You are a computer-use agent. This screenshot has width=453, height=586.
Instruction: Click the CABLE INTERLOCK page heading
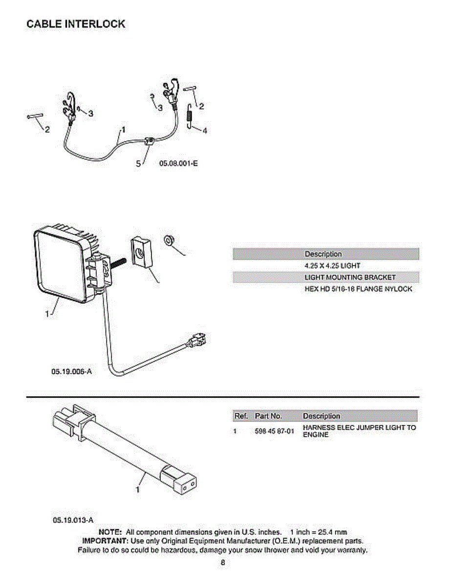[76, 24]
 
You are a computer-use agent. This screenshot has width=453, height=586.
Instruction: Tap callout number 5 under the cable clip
[138, 164]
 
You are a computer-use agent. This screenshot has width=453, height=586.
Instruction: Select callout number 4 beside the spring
[205, 130]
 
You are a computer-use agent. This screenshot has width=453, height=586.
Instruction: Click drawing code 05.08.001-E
[178, 164]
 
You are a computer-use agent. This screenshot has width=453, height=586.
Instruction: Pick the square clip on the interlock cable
[150, 142]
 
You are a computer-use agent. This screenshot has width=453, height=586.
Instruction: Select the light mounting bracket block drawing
[141, 253]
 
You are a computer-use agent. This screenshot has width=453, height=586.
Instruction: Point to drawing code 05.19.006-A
[71, 372]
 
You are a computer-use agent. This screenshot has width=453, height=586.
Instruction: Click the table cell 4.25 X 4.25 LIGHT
[332, 266]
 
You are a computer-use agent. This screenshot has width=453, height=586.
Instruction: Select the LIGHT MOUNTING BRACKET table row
[350, 277]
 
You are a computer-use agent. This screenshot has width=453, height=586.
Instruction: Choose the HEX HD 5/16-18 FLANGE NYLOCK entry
[358, 289]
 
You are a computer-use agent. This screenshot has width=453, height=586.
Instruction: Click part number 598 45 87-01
[274, 432]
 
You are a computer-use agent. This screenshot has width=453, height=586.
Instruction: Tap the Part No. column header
[268, 416]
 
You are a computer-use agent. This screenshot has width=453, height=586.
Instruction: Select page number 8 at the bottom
[222, 563]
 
